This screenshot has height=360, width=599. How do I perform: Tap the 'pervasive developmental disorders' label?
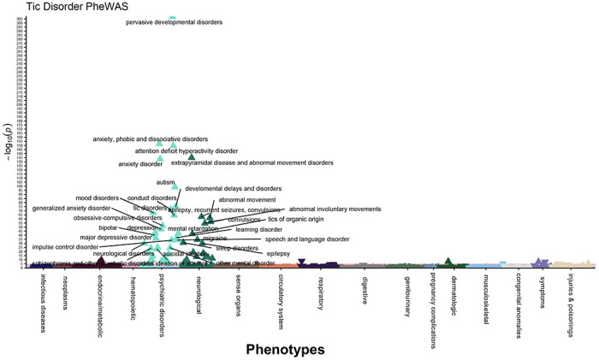pos(175,22)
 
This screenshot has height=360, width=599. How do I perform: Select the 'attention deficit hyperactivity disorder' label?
pos(186,150)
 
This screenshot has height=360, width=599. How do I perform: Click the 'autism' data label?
pos(165,182)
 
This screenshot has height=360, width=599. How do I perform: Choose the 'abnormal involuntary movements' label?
pos(335,209)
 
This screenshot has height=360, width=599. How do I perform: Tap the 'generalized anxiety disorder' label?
pos(71,208)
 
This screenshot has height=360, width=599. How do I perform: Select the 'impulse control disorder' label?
pos(65,246)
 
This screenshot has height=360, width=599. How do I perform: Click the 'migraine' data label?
pos(215,239)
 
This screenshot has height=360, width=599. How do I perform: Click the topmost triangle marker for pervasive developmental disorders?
pos(173,16)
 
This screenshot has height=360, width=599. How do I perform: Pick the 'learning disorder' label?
pos(258,229)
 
